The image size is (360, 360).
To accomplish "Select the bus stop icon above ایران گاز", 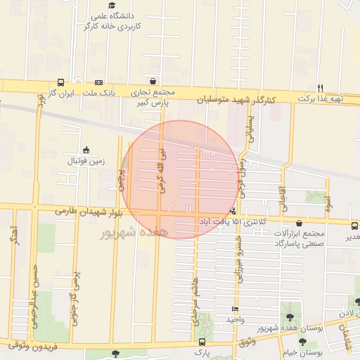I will [x=61, y=82].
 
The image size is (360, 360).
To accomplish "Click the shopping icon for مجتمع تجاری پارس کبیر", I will [x=153, y=81].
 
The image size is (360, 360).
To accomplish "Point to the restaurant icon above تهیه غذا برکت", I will [x=319, y=87].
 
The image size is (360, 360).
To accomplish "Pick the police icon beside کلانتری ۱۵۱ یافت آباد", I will [x=233, y=210].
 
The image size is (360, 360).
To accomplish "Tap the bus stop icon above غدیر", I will [x=354, y=226].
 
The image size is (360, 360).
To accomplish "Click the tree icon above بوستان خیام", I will [x=302, y=341].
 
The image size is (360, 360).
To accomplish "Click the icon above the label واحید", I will [x=235, y=309].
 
